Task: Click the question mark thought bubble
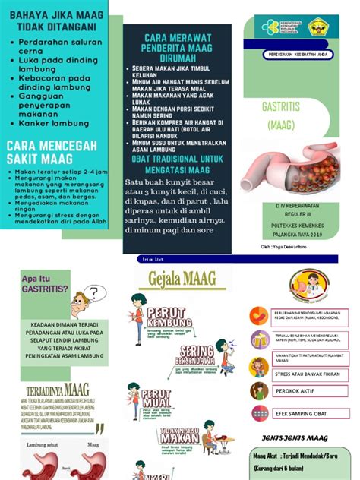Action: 93,294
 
